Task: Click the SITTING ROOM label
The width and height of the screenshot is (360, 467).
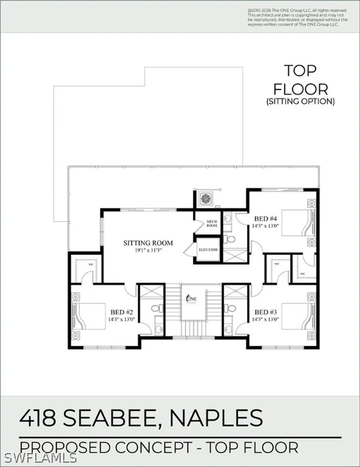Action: (148, 243)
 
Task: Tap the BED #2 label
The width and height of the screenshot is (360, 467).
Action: (121, 312)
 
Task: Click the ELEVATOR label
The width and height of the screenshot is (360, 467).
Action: (208, 250)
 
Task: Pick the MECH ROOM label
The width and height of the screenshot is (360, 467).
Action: (212, 223)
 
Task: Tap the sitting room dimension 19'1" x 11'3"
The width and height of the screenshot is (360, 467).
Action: (148, 250)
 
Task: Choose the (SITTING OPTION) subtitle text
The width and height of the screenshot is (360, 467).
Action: (300, 102)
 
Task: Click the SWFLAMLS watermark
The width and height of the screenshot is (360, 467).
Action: (23, 457)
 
